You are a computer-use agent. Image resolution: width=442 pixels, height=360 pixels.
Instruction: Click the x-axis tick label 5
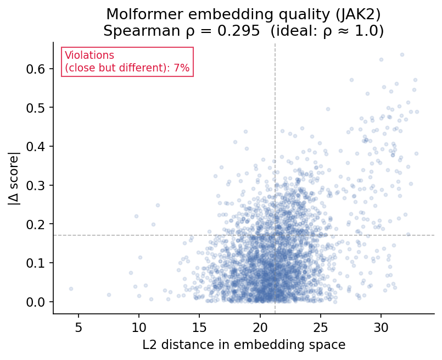78,326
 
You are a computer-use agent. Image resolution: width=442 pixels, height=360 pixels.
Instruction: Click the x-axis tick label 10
138,326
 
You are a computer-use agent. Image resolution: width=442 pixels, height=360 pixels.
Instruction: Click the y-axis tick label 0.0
37,302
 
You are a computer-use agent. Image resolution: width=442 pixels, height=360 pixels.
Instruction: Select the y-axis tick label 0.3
37,185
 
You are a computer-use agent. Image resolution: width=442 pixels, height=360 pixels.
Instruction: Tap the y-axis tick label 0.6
37,69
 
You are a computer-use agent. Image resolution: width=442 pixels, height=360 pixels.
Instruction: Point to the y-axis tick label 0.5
37,108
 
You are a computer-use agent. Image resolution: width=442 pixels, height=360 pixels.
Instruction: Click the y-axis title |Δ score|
13,178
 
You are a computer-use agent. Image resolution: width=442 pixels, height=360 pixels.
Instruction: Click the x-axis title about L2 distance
244,345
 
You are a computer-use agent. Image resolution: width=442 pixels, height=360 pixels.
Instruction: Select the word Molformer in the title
138,14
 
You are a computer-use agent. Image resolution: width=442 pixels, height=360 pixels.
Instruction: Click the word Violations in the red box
89,56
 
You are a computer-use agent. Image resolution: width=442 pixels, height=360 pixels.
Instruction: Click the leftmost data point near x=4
71,289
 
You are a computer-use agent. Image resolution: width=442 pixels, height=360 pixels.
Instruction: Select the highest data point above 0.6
402,54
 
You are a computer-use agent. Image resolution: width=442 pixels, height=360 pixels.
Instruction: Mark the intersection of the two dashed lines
275,235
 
